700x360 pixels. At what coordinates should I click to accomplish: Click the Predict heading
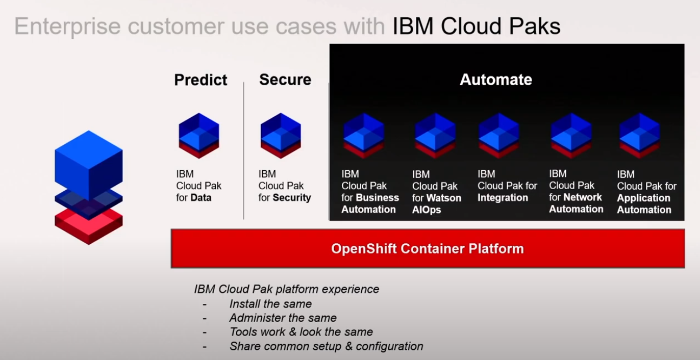pos(201,80)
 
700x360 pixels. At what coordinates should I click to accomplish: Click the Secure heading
pos(285,80)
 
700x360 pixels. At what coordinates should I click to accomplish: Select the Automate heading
pos(495,80)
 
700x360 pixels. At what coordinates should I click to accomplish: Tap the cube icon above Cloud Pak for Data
pos(199,136)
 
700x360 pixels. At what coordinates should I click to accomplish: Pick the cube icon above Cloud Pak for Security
pos(281,136)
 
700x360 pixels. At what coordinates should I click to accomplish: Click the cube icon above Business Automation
pos(363,136)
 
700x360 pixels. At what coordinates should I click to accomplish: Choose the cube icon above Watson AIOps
pos(435,136)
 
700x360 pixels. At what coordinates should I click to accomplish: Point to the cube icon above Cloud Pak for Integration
pos(498,136)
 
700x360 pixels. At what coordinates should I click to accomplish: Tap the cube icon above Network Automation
pos(571,136)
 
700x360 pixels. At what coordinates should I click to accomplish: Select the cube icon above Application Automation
pos(639,136)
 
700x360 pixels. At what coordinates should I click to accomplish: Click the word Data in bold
pos(201,198)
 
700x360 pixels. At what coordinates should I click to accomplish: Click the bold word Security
pos(292,198)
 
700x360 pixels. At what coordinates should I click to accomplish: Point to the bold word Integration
pos(503,198)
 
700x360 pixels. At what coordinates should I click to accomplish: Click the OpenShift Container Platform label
pos(427,249)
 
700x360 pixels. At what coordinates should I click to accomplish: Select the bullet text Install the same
pos(270,304)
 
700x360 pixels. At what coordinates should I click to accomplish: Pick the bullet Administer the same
pos(283,318)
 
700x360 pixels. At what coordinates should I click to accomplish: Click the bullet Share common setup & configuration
pos(326,347)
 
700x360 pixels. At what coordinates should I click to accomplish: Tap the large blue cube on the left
pos(89,163)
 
